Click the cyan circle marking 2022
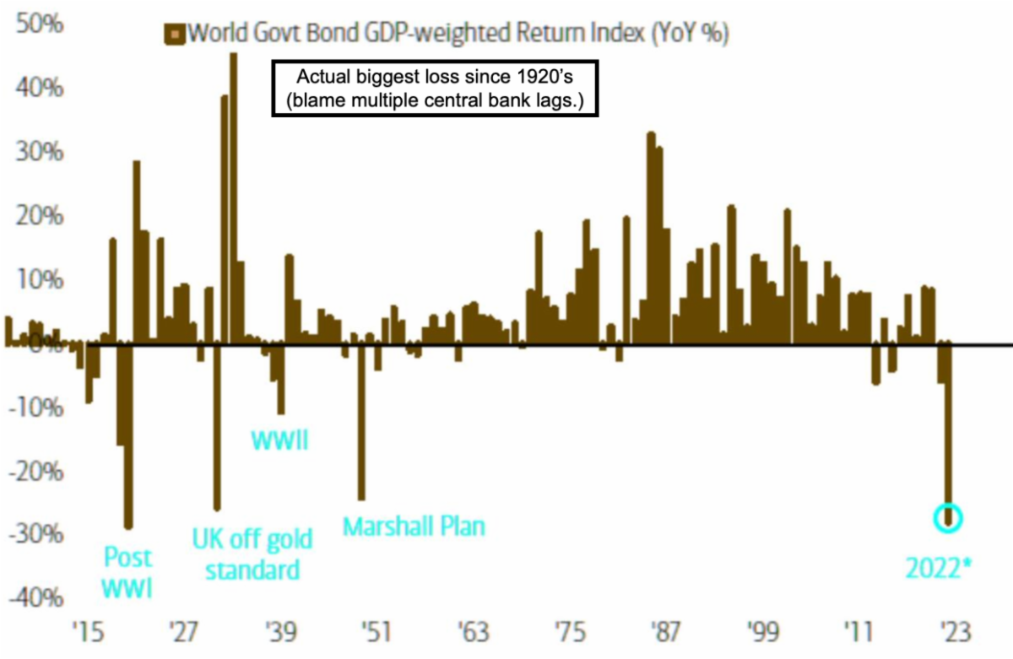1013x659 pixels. pyautogui.click(x=948, y=518)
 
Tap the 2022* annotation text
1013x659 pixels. pyautogui.click(x=939, y=568)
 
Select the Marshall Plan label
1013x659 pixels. pyautogui.click(x=414, y=527)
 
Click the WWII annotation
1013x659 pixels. pyautogui.click(x=280, y=440)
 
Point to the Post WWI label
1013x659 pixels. pyautogui.click(x=128, y=571)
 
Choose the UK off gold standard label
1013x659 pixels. pyautogui.click(x=252, y=554)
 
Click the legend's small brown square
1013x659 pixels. pyautogui.click(x=175, y=35)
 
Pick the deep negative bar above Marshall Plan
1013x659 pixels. pyautogui.click(x=361, y=422)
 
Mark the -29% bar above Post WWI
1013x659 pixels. pyautogui.click(x=128, y=435)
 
